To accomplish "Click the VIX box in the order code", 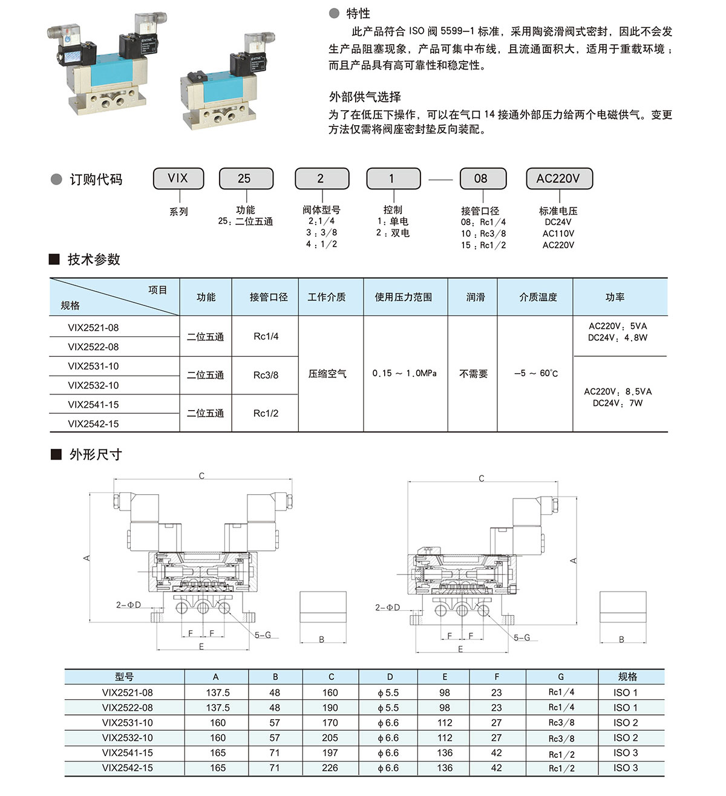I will coord(178,178).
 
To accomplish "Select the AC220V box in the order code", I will coord(558,178).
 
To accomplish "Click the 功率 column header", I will coord(615,297).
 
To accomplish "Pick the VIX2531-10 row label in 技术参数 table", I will coord(93,366).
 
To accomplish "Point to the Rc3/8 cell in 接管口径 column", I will coord(266,375).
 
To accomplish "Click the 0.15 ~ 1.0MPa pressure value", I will coord(404,373).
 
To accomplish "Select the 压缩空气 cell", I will coord(327,374).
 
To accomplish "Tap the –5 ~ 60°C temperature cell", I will coord(536,373).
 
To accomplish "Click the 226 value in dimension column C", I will coord(330,768).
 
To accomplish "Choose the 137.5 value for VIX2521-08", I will coord(218,693).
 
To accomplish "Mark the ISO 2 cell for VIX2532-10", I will coord(626,738).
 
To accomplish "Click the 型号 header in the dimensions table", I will coord(125,677).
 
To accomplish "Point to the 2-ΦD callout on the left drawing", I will coord(128,605).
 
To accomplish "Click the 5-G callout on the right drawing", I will coord(522,638).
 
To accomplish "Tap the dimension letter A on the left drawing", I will coord(87,557).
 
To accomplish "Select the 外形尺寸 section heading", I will coord(96,454).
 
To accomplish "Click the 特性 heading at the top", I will coord(358,13).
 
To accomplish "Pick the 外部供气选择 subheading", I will coord(365,97).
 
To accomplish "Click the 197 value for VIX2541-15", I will coord(330,753).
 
